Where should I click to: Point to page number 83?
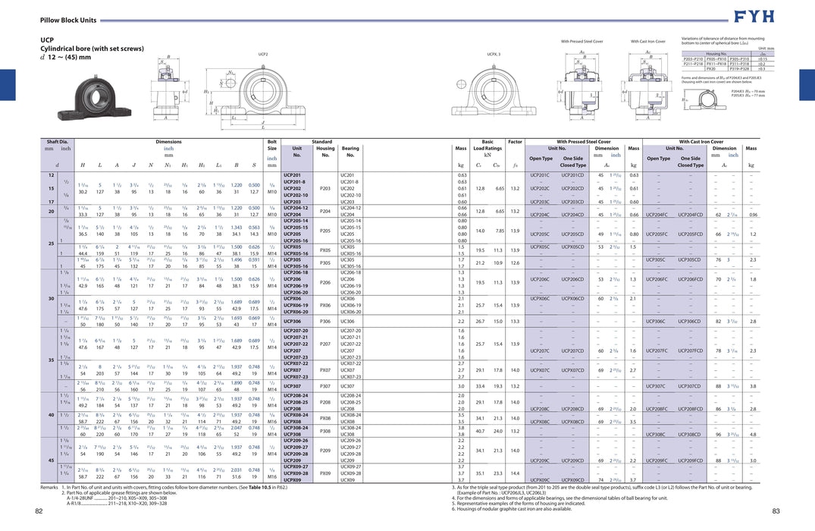pos(776,511)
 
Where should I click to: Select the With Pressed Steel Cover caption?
pos(581,41)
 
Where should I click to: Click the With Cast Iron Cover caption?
pos(647,41)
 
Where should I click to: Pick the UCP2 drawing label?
pos(263,55)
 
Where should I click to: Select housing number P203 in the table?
pos(325,188)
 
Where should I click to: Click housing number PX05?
pos(325,250)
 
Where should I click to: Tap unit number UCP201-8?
pos(294,182)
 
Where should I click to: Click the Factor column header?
pos(516,141)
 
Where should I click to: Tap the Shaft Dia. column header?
pos(57,141)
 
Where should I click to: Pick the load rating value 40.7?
pos(481,432)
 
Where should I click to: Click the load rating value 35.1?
pos(481,473)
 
